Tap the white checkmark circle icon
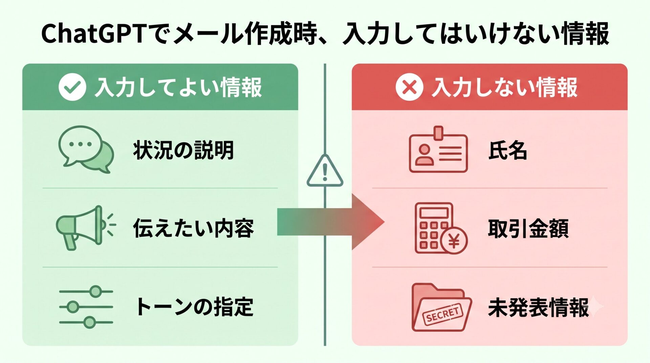72,87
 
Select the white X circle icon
409,87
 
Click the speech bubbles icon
86,149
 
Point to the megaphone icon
85,227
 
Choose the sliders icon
86,307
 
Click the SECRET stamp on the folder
442,315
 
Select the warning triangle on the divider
325,171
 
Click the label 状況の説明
183,150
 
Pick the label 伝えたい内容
193,228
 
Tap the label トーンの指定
194,307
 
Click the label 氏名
507,150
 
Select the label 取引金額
528,228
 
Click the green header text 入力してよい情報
178,87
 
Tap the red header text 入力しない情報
504,87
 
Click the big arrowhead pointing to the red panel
368,222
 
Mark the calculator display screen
434,213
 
